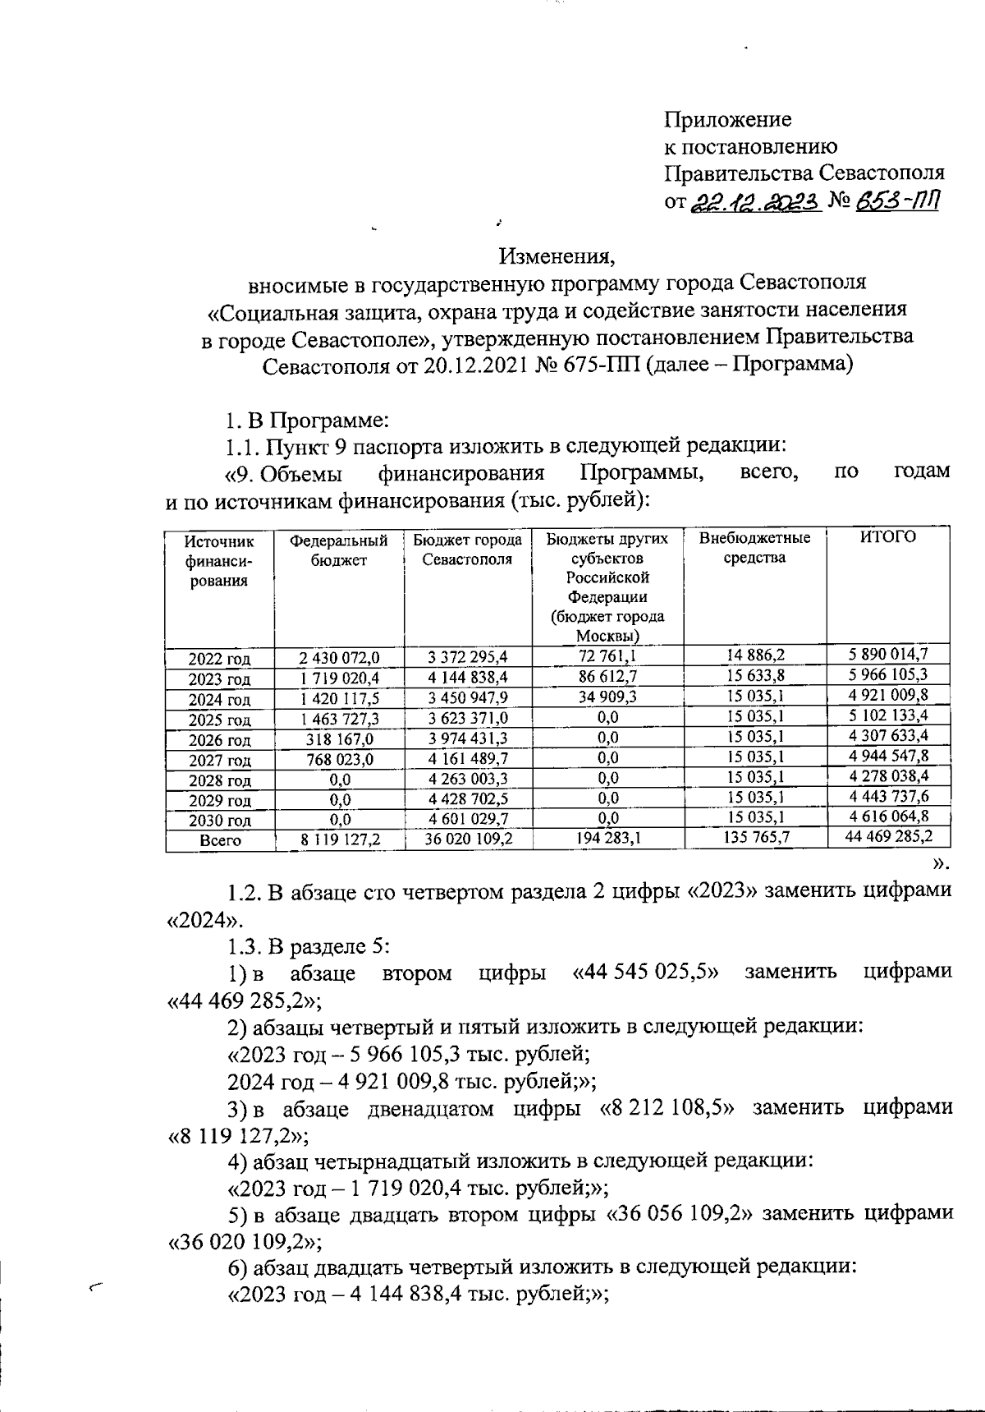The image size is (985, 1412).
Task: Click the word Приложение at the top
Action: pos(727,120)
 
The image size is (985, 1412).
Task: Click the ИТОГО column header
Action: pos(887,538)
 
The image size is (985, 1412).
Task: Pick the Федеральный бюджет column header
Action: pos(338,550)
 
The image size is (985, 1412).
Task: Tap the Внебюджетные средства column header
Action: pos(754,548)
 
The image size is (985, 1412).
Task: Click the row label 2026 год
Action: pos(219,740)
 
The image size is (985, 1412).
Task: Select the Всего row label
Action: pos(220,840)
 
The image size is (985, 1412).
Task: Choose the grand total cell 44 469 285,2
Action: pos(887,837)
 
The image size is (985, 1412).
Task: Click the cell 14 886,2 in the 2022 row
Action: pos(755,655)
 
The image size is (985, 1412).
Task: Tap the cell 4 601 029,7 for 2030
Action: pos(468,819)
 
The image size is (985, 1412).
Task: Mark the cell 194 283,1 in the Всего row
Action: pos(607,839)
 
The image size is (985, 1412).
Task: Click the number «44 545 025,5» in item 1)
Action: pos(645,973)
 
